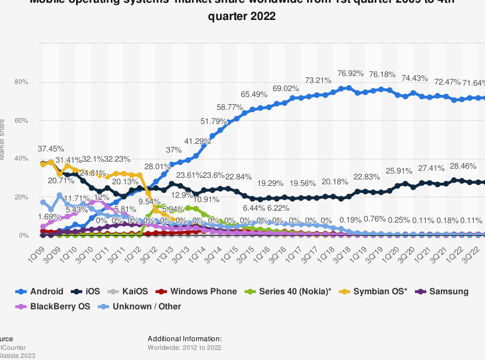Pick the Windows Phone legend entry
tap(197, 292)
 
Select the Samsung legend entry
tap(442, 292)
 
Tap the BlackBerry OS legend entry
tap(53, 307)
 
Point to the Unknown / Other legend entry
tap(140, 307)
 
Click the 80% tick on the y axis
tap(22, 82)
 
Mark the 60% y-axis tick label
tap(22, 121)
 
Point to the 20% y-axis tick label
tap(22, 197)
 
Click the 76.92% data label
tap(350, 73)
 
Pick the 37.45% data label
tap(51, 148)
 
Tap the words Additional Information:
tap(185, 339)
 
